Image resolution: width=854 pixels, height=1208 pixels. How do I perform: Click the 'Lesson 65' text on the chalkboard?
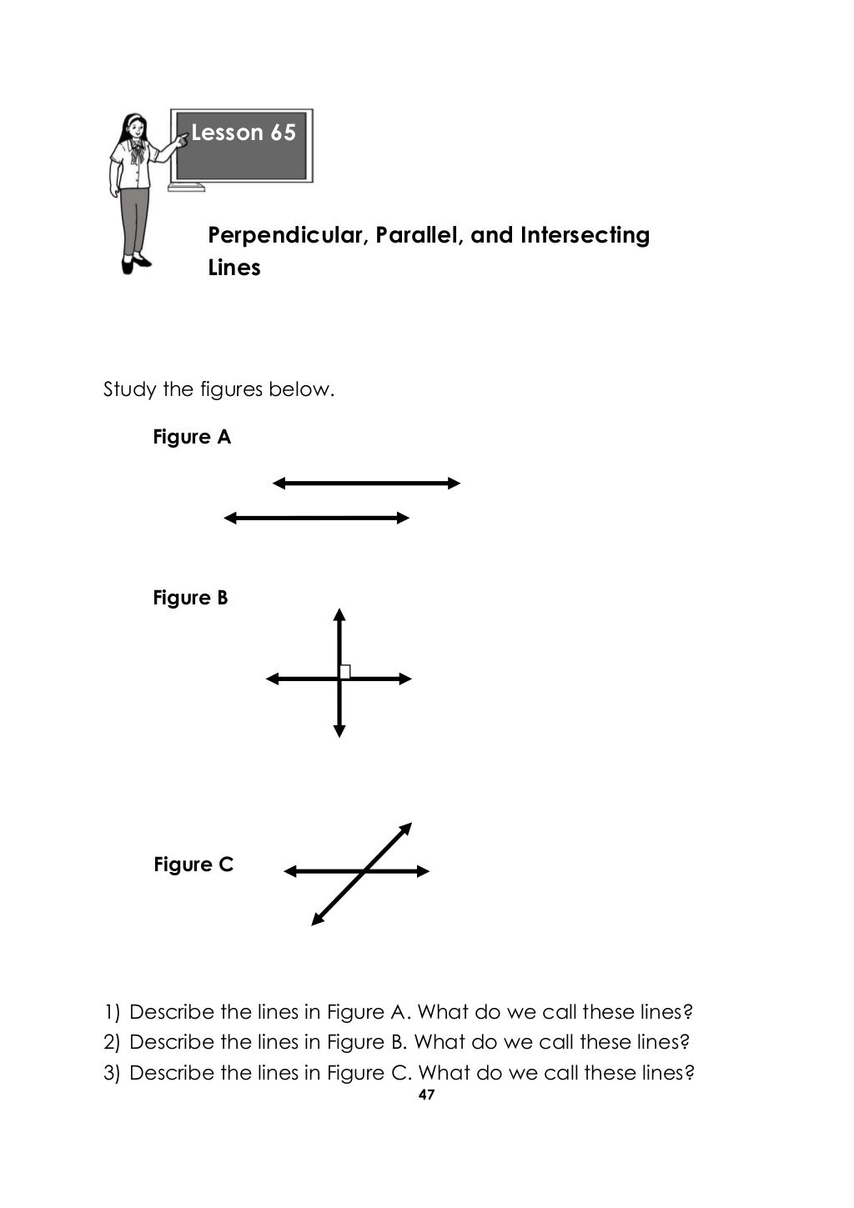[244, 133]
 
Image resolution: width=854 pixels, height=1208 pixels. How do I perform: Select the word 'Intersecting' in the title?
[585, 236]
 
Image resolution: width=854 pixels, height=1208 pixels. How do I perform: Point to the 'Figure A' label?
[192, 437]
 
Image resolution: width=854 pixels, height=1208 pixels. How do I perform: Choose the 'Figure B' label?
[190, 598]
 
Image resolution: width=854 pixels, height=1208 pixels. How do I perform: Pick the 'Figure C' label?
[193, 865]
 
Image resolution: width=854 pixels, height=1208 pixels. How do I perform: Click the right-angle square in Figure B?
[345, 671]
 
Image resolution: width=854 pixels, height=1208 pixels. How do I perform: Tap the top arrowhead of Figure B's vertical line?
[339, 615]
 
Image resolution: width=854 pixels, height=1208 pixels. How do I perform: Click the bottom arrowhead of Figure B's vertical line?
[339, 731]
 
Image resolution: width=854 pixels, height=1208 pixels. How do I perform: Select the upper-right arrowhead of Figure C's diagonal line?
[406, 829]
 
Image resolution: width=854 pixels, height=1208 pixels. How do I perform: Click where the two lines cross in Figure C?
[364, 871]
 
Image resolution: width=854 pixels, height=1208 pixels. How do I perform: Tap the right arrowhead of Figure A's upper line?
[455, 483]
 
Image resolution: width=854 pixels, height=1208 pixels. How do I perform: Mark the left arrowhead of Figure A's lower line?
[230, 518]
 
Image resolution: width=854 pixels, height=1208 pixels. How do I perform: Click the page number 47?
[426, 1095]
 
